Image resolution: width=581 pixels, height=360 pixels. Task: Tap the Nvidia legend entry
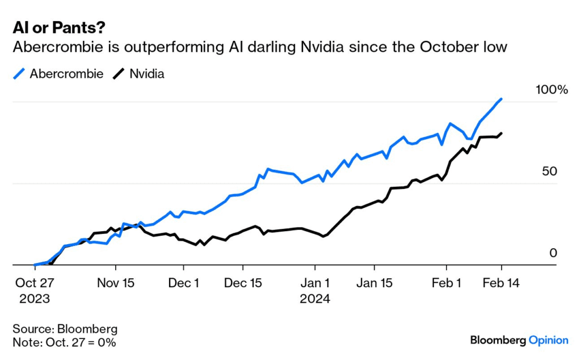tap(140, 74)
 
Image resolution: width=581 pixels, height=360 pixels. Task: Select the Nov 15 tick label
tap(116, 283)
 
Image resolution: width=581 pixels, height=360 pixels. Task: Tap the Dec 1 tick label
tap(183, 283)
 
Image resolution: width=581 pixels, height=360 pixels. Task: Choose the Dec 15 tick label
tap(243, 283)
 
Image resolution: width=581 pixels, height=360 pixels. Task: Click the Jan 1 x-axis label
tap(315, 283)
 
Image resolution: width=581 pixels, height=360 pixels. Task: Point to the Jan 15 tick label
tap(374, 283)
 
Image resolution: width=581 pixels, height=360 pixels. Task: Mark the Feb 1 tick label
tap(447, 283)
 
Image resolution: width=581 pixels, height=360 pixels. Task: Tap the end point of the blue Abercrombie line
tap(501, 99)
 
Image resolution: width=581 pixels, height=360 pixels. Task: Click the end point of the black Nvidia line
tap(501, 133)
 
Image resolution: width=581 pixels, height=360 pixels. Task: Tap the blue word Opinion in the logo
tap(548, 340)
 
